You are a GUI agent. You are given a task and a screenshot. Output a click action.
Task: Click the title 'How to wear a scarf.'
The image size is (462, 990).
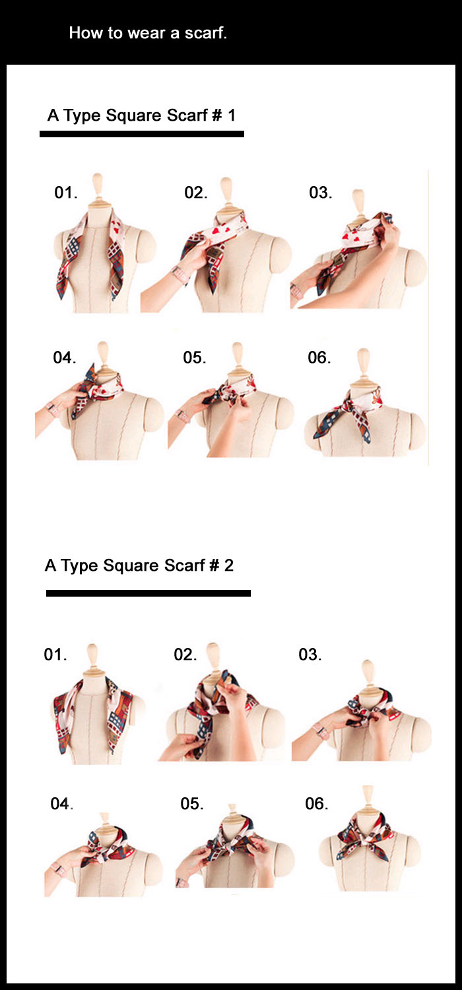coord(148,33)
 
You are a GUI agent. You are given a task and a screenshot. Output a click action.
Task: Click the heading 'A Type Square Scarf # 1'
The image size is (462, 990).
coord(141,115)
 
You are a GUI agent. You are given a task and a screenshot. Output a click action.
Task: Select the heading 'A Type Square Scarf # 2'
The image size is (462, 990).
coord(139,566)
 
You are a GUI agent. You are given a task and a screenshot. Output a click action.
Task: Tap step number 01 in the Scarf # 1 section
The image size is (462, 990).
coord(65,193)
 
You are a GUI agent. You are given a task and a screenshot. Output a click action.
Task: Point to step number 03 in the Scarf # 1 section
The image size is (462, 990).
coord(321,193)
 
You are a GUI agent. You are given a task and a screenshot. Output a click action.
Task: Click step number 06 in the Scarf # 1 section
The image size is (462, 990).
coord(319,358)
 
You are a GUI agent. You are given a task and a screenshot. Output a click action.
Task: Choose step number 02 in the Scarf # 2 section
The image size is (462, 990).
coord(185,655)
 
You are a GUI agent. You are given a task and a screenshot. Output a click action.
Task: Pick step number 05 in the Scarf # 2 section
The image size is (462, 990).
coord(192,803)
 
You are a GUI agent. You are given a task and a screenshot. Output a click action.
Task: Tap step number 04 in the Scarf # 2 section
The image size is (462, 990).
coord(62,803)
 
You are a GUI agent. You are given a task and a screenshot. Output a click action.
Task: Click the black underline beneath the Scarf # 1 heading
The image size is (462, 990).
coord(142,134)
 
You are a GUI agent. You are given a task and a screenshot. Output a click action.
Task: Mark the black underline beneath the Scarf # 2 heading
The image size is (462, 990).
coord(148,593)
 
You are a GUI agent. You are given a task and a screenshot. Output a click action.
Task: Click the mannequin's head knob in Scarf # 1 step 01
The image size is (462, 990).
coord(97,185)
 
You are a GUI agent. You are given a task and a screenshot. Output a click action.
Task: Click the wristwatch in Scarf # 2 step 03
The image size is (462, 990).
coord(321,730)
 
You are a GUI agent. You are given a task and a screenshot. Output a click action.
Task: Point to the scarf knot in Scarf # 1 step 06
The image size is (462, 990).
coord(348,405)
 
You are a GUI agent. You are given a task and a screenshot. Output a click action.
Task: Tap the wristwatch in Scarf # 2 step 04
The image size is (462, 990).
coord(58,869)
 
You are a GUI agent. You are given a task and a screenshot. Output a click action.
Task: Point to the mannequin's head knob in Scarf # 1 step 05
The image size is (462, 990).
coord(238,354)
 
